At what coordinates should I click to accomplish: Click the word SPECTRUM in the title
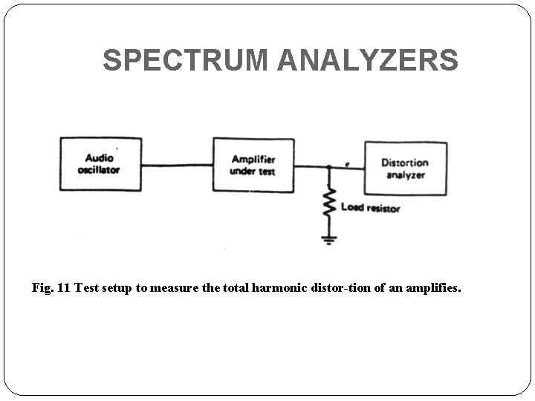click(x=187, y=60)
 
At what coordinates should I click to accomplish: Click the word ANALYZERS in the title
click(x=368, y=60)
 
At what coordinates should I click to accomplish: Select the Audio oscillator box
click(x=101, y=164)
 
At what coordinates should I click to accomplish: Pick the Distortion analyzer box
click(x=405, y=169)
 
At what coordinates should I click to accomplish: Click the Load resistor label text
click(x=370, y=208)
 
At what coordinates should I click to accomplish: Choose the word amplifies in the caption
click(x=433, y=287)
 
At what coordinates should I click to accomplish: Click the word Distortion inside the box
click(x=405, y=163)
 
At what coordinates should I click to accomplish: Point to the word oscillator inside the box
click(x=99, y=170)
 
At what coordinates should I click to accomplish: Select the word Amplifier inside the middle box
click(x=253, y=160)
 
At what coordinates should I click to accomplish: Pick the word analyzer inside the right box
click(x=405, y=175)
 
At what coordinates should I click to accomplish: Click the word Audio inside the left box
click(x=99, y=158)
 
